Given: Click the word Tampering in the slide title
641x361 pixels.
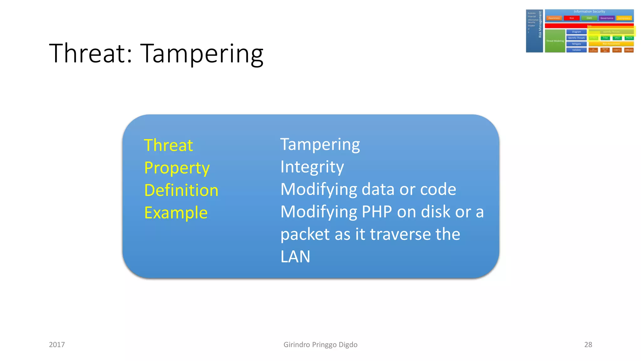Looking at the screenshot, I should coord(202,54).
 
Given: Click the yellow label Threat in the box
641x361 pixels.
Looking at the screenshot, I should coord(168,145).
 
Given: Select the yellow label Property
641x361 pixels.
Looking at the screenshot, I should coord(177,168).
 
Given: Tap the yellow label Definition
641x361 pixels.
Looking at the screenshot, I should coord(181,191).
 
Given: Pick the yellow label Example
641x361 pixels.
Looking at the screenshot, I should coord(176,213).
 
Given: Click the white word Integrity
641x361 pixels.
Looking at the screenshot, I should coord(312,167).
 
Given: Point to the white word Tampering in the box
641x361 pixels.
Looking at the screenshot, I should coord(320,144).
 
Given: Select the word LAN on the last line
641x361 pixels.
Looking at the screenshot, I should coord(295,257).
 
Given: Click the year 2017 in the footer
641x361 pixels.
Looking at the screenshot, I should coord(57,345).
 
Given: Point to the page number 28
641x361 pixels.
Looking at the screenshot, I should coord(588,345).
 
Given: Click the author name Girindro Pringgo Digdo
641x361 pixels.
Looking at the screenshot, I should coord(320,345).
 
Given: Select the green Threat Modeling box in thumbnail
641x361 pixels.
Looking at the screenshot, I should coord(555,41).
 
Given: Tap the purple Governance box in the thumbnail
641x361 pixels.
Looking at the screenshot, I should coord(607,18).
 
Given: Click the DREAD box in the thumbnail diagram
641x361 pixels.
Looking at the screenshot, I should coord(629,50).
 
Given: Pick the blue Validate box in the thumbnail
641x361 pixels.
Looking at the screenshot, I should coord(576,50).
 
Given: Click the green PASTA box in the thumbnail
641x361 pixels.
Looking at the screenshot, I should coord(629,38).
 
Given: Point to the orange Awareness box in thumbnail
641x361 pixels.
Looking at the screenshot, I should coord(554,18).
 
